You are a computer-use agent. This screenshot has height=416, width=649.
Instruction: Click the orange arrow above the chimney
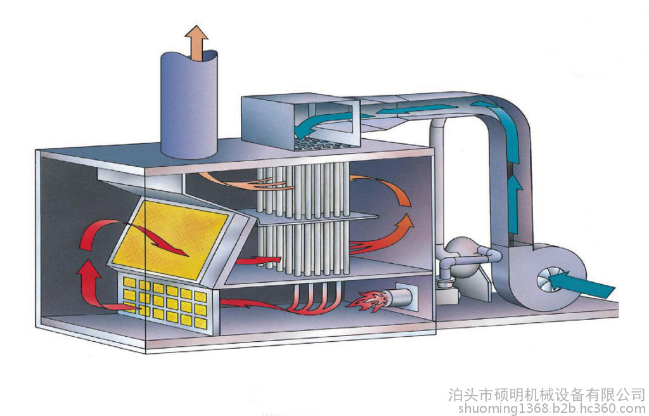(x=196, y=42)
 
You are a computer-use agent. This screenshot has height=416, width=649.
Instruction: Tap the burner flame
(x=367, y=301)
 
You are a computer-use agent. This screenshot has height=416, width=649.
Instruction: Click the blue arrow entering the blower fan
(x=581, y=283)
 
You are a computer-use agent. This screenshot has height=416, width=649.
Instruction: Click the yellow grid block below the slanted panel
(x=165, y=302)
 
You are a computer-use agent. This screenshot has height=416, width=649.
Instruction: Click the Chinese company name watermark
(x=546, y=394)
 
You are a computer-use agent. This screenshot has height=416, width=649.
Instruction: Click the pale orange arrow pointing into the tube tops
(x=244, y=182)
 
